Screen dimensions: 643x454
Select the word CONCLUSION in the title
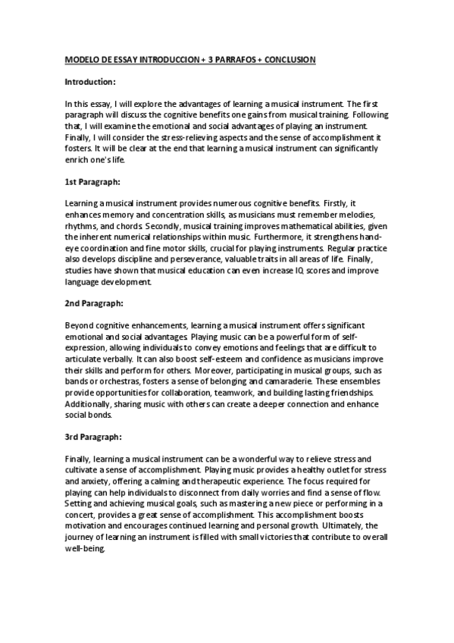(x=289, y=58)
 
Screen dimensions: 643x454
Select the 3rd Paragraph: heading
(x=93, y=438)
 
